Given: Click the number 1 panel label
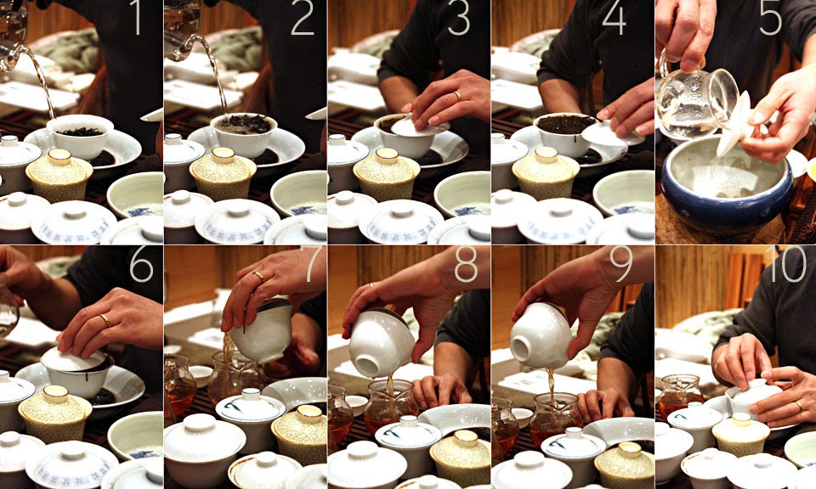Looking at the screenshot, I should click(137, 19).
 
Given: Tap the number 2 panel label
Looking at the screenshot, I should click(302, 19).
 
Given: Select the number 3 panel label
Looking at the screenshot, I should click(459, 19).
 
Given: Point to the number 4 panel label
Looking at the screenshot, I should click(614, 19).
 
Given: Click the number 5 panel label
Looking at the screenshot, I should click(770, 19).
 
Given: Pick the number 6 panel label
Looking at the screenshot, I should click(141, 265).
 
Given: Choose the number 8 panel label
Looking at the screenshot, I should click(466, 265).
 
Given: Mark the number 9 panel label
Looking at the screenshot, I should click(620, 265).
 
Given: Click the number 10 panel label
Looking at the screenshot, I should click(786, 265).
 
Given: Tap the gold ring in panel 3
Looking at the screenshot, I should click(458, 96).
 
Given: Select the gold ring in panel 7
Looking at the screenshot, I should click(258, 276).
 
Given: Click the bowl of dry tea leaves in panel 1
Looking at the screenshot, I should click(82, 134).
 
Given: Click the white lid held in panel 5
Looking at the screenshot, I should click(735, 123).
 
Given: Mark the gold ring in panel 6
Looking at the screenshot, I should click(105, 320).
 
